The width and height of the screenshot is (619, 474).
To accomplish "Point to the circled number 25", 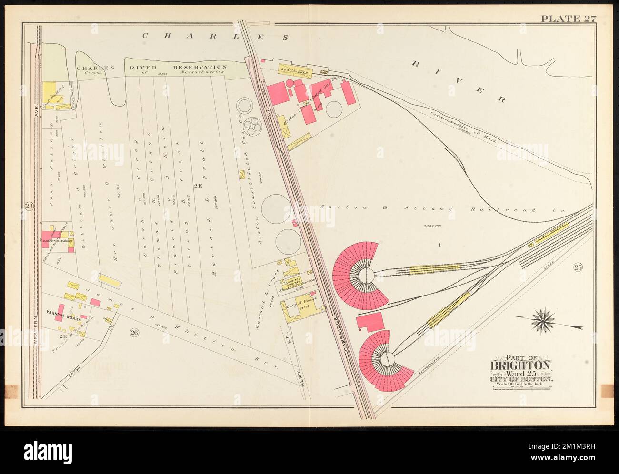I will click(x=578, y=267).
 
